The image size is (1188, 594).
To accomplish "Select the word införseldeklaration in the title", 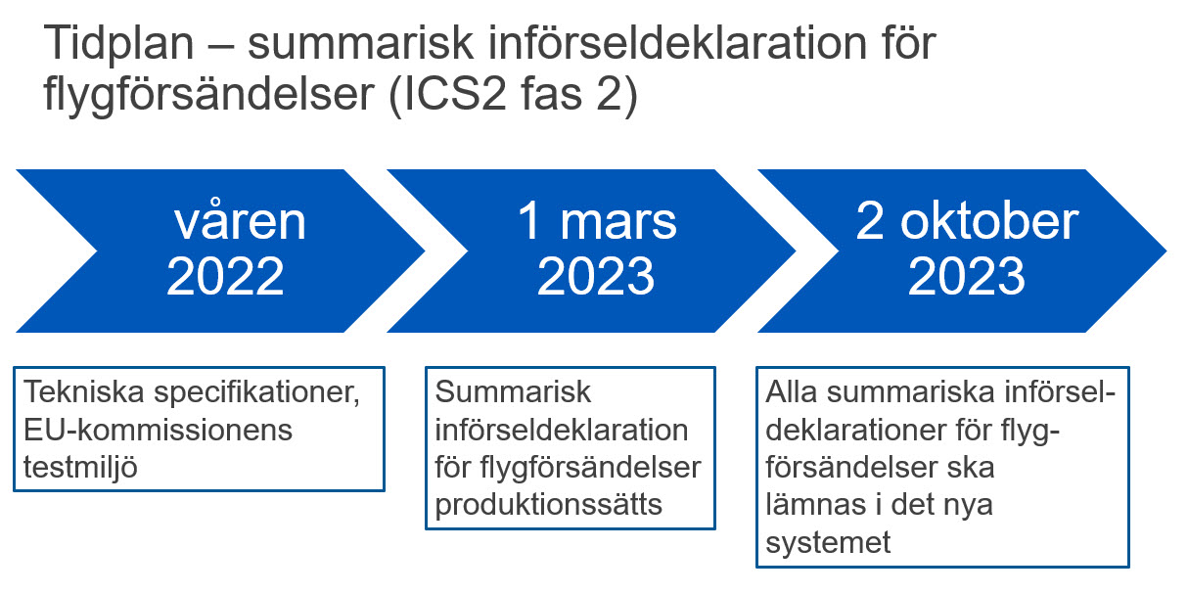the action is point(677,42).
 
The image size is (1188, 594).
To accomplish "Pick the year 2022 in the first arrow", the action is point(225,276).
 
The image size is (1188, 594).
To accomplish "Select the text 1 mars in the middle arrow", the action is point(597,220).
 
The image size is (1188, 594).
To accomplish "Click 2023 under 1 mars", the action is point(596,276).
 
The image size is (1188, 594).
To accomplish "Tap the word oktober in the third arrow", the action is point(989,220).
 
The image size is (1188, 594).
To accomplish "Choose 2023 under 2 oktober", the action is point(966,276).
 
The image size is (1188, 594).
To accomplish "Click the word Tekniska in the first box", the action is point(84,392).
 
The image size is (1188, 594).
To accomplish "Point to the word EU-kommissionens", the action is point(159,430).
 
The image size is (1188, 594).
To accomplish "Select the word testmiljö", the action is point(80,468).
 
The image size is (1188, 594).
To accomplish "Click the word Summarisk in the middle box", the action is point(513,392).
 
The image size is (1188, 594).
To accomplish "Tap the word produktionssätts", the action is point(548,505).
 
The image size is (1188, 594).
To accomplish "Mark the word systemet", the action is point(828,543).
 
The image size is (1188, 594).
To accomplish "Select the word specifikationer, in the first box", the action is point(257,393).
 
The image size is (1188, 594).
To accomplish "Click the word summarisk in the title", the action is point(360,42).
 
